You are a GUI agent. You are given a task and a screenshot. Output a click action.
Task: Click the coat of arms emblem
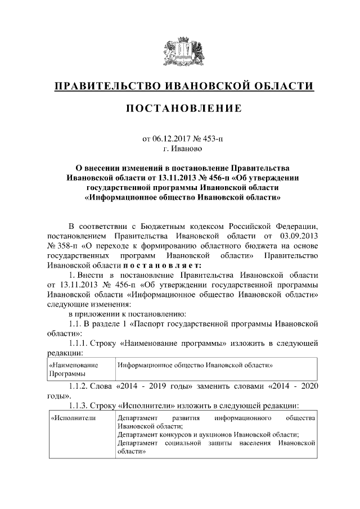(179, 51)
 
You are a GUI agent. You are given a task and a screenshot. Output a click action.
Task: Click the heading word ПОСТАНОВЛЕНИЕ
(179, 108)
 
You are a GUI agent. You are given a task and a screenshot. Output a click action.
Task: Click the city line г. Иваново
(179, 150)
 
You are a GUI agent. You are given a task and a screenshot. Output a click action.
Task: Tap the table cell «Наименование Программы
(78, 369)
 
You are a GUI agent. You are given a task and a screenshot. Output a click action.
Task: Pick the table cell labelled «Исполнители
(73, 419)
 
